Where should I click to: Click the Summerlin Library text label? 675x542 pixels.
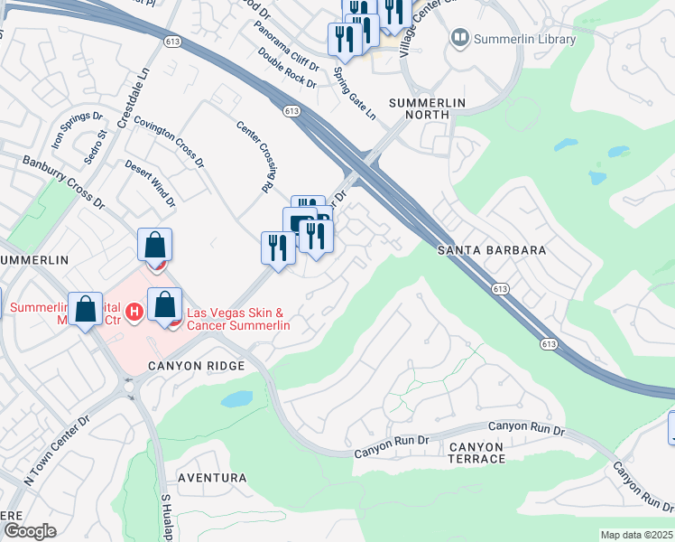coord(525,40)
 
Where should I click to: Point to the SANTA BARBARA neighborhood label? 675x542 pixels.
coord(492,250)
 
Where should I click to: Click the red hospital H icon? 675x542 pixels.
coord(134,313)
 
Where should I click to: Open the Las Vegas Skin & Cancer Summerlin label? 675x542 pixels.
coord(238,320)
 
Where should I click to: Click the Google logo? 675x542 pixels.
coord(29,531)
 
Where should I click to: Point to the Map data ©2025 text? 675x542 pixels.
coord(636,535)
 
